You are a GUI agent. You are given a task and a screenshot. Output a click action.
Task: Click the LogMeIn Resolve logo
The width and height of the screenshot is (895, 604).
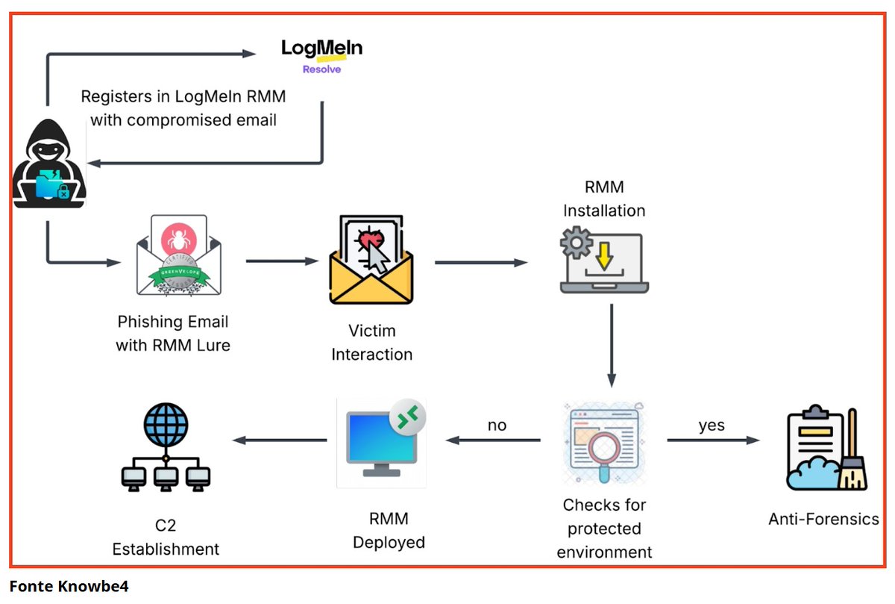point(321,55)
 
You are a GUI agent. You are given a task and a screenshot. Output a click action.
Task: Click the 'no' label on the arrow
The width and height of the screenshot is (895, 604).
point(497,426)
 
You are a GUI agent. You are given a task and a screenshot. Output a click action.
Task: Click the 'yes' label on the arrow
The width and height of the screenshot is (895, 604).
point(712,426)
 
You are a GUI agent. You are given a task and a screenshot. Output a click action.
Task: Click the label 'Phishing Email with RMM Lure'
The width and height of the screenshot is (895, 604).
point(173,334)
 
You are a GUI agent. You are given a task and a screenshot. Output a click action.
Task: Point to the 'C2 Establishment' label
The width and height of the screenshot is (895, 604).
point(166,538)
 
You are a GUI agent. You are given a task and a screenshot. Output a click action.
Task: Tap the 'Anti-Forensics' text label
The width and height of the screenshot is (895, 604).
point(823,519)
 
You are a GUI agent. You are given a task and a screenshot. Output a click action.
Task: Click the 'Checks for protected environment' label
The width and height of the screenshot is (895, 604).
point(604,529)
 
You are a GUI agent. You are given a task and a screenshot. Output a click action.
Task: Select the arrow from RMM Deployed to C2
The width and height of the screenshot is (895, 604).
point(280,440)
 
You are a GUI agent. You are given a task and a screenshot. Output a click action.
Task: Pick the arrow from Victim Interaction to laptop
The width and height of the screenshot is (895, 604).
point(481,262)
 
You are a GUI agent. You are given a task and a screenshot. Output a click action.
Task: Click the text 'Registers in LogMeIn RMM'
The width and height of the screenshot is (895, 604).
point(183,96)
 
